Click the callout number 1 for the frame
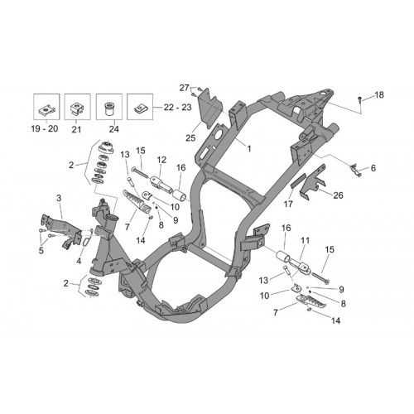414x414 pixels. click(249, 149)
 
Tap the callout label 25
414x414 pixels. click(190, 138)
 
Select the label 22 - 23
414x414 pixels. click(177, 107)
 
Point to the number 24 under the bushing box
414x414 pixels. click(113, 129)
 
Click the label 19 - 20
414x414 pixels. click(45, 128)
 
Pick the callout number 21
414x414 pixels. click(76, 129)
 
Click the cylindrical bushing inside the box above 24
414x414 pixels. click(109, 109)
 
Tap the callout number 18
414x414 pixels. click(379, 95)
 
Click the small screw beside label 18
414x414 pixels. click(360, 99)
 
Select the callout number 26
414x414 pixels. click(338, 195)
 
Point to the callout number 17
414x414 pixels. click(288, 205)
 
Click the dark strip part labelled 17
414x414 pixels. click(298, 181)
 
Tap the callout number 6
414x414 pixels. click(373, 168)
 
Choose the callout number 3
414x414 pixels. click(59, 198)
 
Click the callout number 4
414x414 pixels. click(79, 261)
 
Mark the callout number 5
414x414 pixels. click(41, 251)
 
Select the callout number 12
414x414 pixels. click(161, 160)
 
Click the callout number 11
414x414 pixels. click(305, 240)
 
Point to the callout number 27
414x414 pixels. click(184, 88)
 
